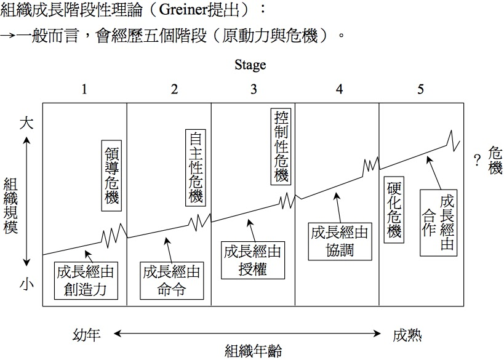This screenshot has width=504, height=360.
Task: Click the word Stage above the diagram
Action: click(x=250, y=65)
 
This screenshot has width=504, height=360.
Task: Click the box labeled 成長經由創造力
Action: click(x=86, y=281)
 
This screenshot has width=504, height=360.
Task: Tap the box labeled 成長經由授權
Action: click(x=252, y=260)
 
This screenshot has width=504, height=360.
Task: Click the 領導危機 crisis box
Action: click(x=111, y=175)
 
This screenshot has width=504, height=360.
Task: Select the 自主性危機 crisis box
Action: click(x=195, y=167)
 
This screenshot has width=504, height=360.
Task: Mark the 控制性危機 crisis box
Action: click(x=280, y=146)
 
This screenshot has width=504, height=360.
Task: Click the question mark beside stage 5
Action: click(x=476, y=161)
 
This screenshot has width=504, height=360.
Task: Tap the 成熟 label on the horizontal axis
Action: click(x=407, y=335)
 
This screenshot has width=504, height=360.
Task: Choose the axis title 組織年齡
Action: click(x=253, y=351)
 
